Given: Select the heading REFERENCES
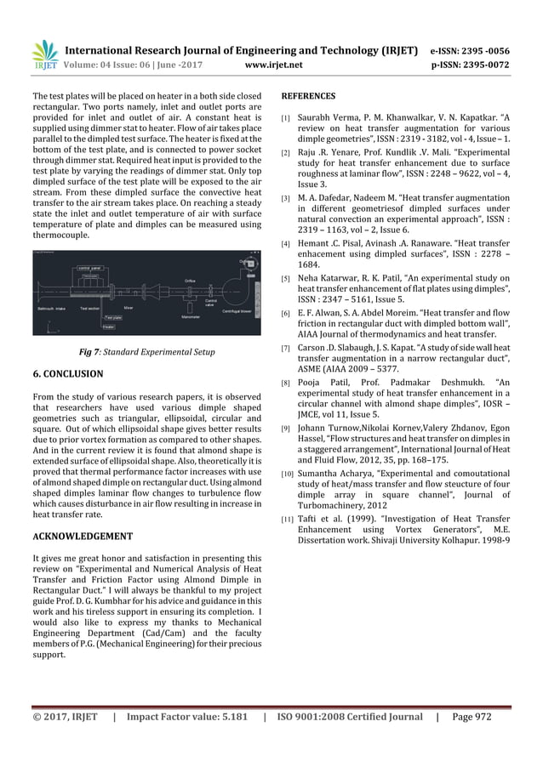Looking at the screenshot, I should point(308,95).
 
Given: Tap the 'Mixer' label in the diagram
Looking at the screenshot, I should point(129,308).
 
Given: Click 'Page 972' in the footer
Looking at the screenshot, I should point(472,740).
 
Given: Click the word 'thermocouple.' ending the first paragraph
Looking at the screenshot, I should point(60,229).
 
